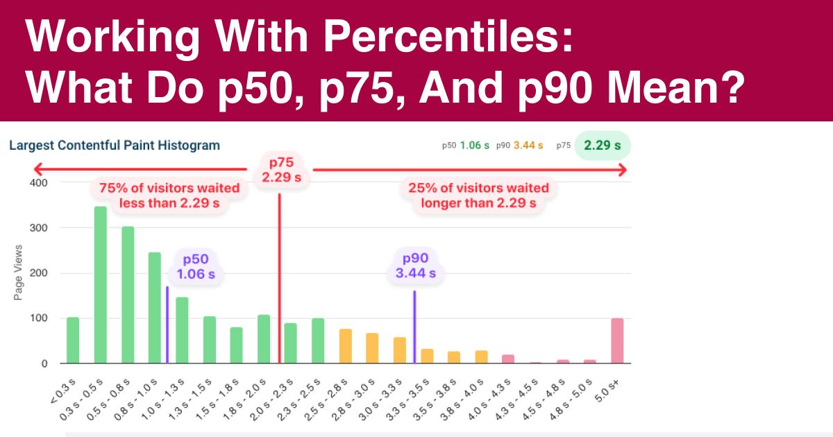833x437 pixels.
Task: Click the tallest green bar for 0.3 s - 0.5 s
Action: pyautogui.click(x=101, y=284)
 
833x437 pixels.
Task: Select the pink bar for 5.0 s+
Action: pyautogui.click(x=617, y=341)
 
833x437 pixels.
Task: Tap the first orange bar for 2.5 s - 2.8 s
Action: pyautogui.click(x=345, y=346)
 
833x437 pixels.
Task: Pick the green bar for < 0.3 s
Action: pyautogui.click(x=73, y=341)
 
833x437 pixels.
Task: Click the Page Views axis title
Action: pyautogui.click(x=18, y=273)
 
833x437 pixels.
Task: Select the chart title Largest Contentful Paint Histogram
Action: pyautogui.click(x=114, y=146)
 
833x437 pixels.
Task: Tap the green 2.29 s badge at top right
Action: pyautogui.click(x=602, y=146)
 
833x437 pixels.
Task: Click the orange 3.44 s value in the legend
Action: pyautogui.click(x=528, y=146)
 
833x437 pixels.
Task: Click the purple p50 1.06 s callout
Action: pyautogui.click(x=196, y=266)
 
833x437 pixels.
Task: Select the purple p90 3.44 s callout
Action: pyautogui.click(x=415, y=266)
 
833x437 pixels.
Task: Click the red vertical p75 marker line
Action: pyautogui.click(x=279, y=277)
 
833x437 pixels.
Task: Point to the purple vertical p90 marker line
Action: pyautogui.click(x=414, y=326)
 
